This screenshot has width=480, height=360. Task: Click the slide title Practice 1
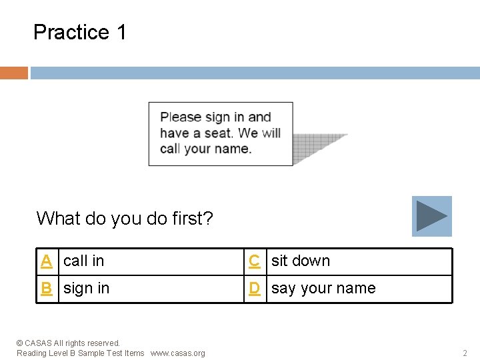pos(79,32)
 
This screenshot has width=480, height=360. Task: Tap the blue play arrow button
pos(431,216)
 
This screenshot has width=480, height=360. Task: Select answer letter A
pos(46,261)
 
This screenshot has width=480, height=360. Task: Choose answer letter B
pos(46,289)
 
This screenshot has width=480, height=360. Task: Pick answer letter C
pos(254,261)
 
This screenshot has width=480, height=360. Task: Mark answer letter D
pos(254,289)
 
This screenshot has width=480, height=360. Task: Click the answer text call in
pos(84,261)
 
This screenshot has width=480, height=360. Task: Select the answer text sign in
pos(87,289)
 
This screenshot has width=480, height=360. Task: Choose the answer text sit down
pos(301,261)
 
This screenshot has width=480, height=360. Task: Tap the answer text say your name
pos(323,289)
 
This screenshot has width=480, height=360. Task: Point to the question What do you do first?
pos(125,219)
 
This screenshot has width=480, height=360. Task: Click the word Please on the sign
pos(181,117)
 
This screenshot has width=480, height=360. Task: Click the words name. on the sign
pos(235,149)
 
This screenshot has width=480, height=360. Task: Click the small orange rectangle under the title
pos(13,73)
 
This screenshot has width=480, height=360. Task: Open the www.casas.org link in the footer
pos(178,353)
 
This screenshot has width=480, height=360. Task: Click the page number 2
pos(465,353)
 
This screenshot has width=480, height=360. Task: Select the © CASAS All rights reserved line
pos(68,343)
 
